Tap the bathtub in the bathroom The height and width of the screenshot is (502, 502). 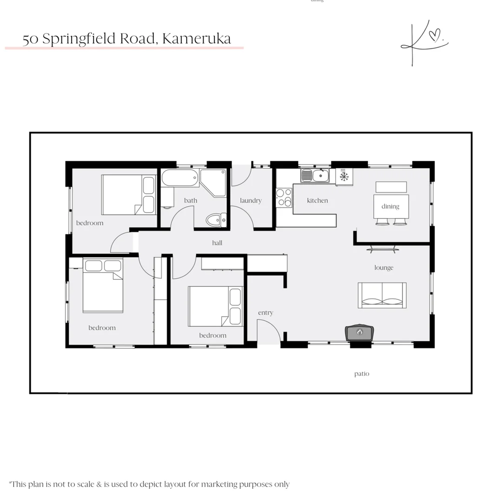pyautogui.click(x=180, y=178)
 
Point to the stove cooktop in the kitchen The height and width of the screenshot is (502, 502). pyautogui.click(x=284, y=198)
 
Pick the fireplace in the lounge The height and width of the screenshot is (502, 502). pyautogui.click(x=359, y=332)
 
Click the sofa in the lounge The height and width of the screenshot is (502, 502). pyautogui.click(x=382, y=295)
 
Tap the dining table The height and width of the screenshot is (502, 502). pyautogui.click(x=391, y=206)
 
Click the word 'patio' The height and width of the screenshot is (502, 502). pyautogui.click(x=362, y=374)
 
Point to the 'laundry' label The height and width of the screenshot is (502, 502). pyautogui.click(x=251, y=201)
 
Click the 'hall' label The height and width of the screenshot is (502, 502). pyautogui.click(x=217, y=243)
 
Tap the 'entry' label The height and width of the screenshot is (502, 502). pyautogui.click(x=265, y=313)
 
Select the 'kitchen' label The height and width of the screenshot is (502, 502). pyautogui.click(x=317, y=201)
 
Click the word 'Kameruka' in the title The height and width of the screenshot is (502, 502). pyautogui.click(x=197, y=39)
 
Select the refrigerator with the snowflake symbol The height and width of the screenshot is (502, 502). pyautogui.click(x=344, y=177)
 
